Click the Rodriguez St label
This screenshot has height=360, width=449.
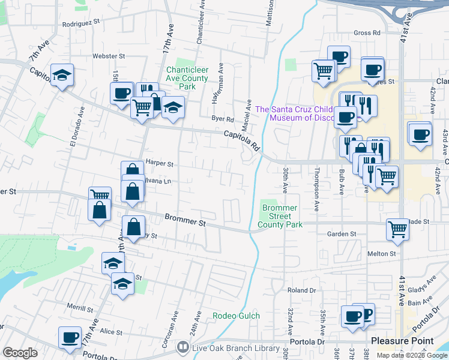[x=81, y=24]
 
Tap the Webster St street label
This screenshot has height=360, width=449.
[x=108, y=56]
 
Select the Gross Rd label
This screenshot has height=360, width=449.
[x=367, y=32]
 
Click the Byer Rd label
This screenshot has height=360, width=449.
[x=221, y=118]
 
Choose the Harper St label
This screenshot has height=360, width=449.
[x=159, y=163]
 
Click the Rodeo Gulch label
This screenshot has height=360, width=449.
[x=237, y=316]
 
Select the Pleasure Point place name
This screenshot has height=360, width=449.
[x=402, y=341]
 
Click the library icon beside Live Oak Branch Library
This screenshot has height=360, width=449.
[x=182, y=347]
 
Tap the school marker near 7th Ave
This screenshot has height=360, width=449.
[x=62, y=76]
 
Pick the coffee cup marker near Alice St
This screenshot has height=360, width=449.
[x=70, y=338]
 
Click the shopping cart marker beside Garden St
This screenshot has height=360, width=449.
[x=398, y=229]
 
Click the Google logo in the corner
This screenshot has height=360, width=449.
[x=20, y=353]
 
